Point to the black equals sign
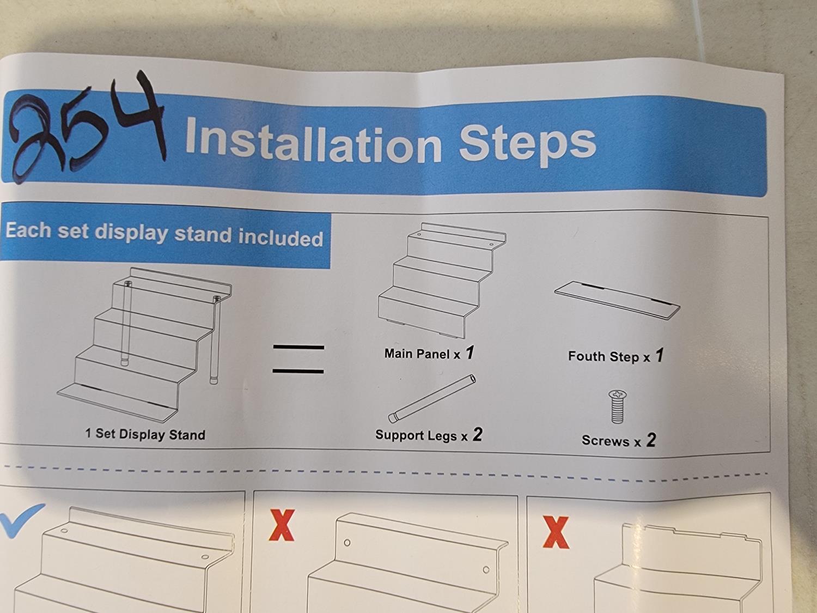click(x=298, y=359)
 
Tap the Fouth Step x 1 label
click(x=615, y=356)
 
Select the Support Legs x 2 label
click(x=429, y=435)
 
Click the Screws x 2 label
click(x=619, y=440)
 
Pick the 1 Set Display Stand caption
click(x=145, y=434)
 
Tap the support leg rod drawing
click(x=432, y=398)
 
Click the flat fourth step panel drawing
click(x=617, y=300)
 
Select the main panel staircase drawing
click(x=442, y=281)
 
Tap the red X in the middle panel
click(x=282, y=525)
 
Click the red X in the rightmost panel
click(x=556, y=532)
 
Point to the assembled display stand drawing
click(x=144, y=345)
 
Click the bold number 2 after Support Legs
click(x=478, y=434)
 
